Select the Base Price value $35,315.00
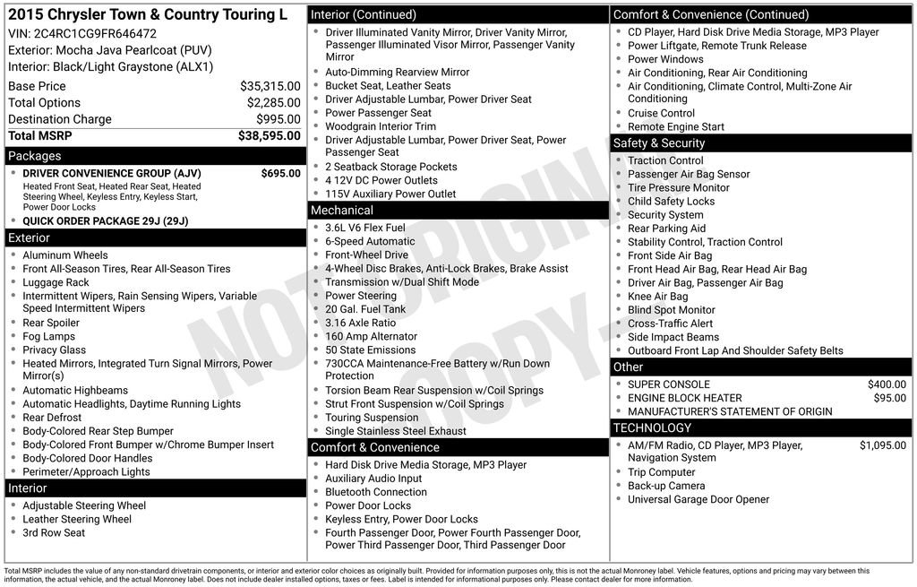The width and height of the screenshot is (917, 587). [270, 86]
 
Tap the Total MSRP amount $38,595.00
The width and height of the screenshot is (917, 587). [269, 135]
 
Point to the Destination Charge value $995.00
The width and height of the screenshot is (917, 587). [278, 119]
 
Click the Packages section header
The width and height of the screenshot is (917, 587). [35, 156]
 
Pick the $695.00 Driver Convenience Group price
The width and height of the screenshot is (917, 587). [280, 173]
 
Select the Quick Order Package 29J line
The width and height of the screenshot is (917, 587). [105, 220]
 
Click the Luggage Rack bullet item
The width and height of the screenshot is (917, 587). [56, 282]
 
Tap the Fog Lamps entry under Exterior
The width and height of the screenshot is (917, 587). [49, 336]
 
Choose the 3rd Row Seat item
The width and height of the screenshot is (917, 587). [54, 532]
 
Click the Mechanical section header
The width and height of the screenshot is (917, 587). [341, 210]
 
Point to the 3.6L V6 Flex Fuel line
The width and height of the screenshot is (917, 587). [364, 228]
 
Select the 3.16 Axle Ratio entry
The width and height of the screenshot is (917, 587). [360, 323]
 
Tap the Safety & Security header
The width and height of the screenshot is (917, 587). [659, 143]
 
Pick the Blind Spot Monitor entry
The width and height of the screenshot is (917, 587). [671, 310]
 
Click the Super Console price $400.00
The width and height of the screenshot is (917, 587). [887, 384]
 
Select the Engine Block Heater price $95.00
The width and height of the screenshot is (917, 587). [889, 398]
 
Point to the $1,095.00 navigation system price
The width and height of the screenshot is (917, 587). [882, 445]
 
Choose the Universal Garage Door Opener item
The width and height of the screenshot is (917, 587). [698, 499]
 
